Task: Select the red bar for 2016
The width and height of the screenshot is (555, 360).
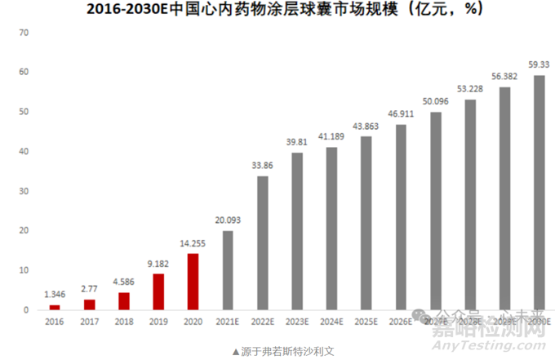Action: [x=55, y=308]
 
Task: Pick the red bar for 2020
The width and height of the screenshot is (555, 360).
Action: [x=193, y=282]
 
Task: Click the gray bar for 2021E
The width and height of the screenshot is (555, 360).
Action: [x=228, y=270]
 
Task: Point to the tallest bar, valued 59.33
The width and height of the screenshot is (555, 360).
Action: [x=539, y=193]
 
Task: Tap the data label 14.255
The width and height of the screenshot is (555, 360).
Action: [x=193, y=244]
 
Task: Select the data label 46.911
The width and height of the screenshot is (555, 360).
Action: [x=401, y=115]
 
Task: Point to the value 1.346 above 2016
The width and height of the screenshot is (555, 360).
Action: [x=55, y=296]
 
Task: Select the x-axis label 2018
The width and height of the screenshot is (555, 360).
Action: [x=124, y=322]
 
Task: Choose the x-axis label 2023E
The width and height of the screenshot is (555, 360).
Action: [x=297, y=322]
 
